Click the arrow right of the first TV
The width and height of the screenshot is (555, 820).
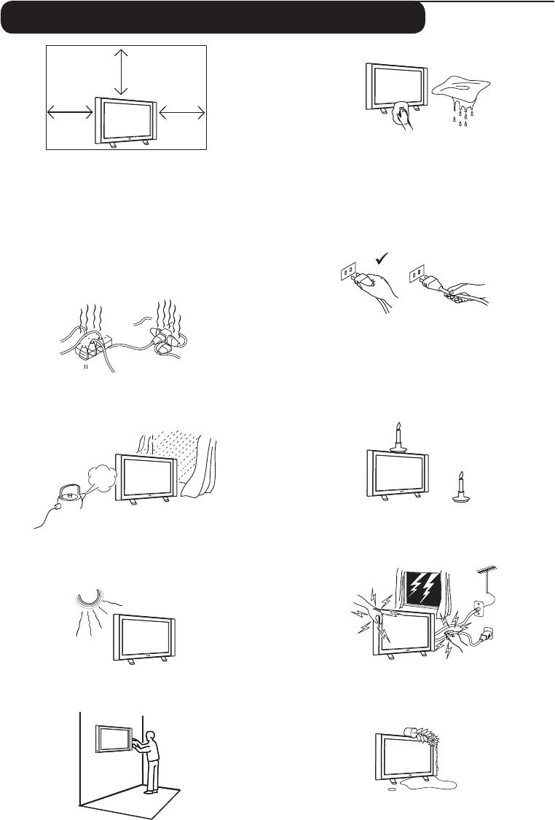click(x=183, y=111)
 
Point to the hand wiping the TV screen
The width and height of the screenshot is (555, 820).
click(x=401, y=115)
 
